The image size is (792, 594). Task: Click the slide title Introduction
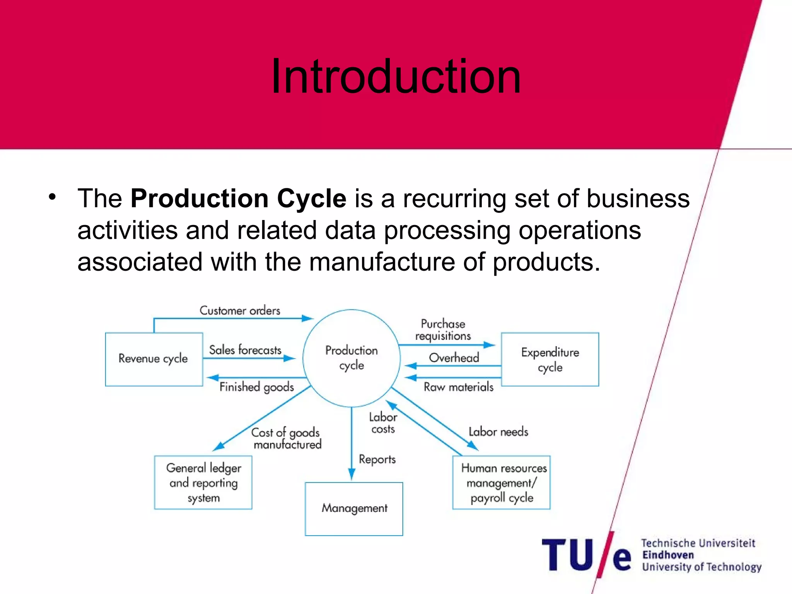[x=396, y=76]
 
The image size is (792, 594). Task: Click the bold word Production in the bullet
[x=199, y=198]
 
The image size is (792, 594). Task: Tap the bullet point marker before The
[x=52, y=197]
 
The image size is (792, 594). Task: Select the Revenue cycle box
[x=154, y=359]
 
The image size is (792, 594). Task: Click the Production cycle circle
[x=351, y=358]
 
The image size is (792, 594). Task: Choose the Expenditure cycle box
[x=550, y=359]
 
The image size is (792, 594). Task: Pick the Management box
[x=354, y=509]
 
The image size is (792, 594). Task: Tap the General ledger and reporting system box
[x=203, y=483]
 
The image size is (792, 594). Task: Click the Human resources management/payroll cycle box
[x=502, y=483]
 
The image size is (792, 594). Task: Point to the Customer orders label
[x=240, y=311]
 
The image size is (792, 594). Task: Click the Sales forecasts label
[x=245, y=350]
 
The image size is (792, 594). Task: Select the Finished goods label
[x=256, y=387]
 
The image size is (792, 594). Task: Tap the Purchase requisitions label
[x=443, y=330]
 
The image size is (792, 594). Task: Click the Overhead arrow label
[x=454, y=358]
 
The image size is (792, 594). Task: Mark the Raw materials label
[x=459, y=387]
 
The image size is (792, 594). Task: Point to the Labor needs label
[x=498, y=432]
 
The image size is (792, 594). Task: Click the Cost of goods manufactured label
[x=287, y=439]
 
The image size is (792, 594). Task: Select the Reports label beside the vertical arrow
[x=377, y=459]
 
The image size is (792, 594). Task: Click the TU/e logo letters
[x=586, y=555]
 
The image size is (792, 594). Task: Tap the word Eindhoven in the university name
[x=668, y=555]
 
